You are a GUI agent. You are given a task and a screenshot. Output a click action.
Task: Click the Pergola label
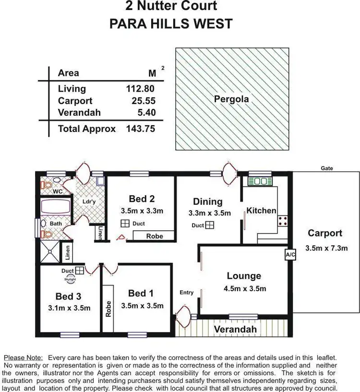coord(231,99)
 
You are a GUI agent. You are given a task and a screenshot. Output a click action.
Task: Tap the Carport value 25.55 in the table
coord(143,101)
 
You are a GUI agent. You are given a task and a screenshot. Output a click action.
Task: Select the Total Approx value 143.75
coord(141,129)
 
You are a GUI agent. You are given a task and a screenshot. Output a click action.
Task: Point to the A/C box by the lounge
coord(290,254)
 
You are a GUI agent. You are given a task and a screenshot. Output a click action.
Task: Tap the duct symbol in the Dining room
coord(210,225)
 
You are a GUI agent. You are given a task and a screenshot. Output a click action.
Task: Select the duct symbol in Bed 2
coord(124,223)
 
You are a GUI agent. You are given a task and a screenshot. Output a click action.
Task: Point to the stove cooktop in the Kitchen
coord(283,221)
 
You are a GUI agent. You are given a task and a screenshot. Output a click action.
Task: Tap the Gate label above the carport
coord(327,168)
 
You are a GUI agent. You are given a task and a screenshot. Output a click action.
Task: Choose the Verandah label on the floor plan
coord(235,329)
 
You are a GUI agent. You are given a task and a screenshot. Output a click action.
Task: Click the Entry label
coord(187,292)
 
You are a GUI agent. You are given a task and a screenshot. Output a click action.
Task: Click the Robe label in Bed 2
coord(154,236)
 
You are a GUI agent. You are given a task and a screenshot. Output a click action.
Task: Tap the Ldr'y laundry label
coord(89,202)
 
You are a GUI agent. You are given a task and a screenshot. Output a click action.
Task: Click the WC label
coord(58,191)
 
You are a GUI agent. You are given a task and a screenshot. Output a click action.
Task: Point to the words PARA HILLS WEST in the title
coord(171,24)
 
